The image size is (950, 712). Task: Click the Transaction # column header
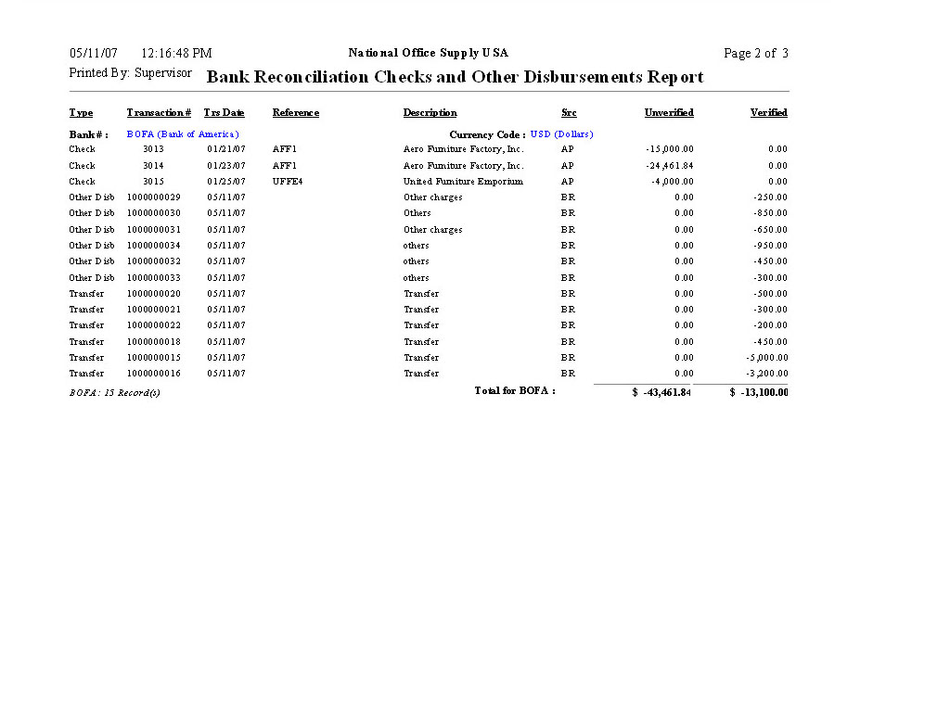159,113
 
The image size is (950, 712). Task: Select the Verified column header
768,113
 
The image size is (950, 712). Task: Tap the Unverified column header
669,113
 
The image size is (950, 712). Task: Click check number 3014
153,165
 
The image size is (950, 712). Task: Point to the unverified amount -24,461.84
670,165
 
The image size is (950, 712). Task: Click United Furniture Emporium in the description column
463,182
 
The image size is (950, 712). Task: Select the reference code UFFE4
288,182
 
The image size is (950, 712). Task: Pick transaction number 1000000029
154,197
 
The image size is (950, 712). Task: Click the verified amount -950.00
770,246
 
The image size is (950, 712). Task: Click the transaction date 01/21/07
225,149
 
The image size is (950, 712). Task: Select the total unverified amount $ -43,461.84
661,392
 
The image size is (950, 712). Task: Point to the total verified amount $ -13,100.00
759,392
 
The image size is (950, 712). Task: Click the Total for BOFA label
515,391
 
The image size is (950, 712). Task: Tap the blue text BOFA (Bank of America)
183,134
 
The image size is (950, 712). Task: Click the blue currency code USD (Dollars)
561,134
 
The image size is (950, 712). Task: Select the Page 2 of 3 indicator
756,54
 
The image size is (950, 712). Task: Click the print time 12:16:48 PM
176,54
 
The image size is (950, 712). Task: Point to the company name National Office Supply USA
429,53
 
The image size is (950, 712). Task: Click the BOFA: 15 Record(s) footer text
114,393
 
